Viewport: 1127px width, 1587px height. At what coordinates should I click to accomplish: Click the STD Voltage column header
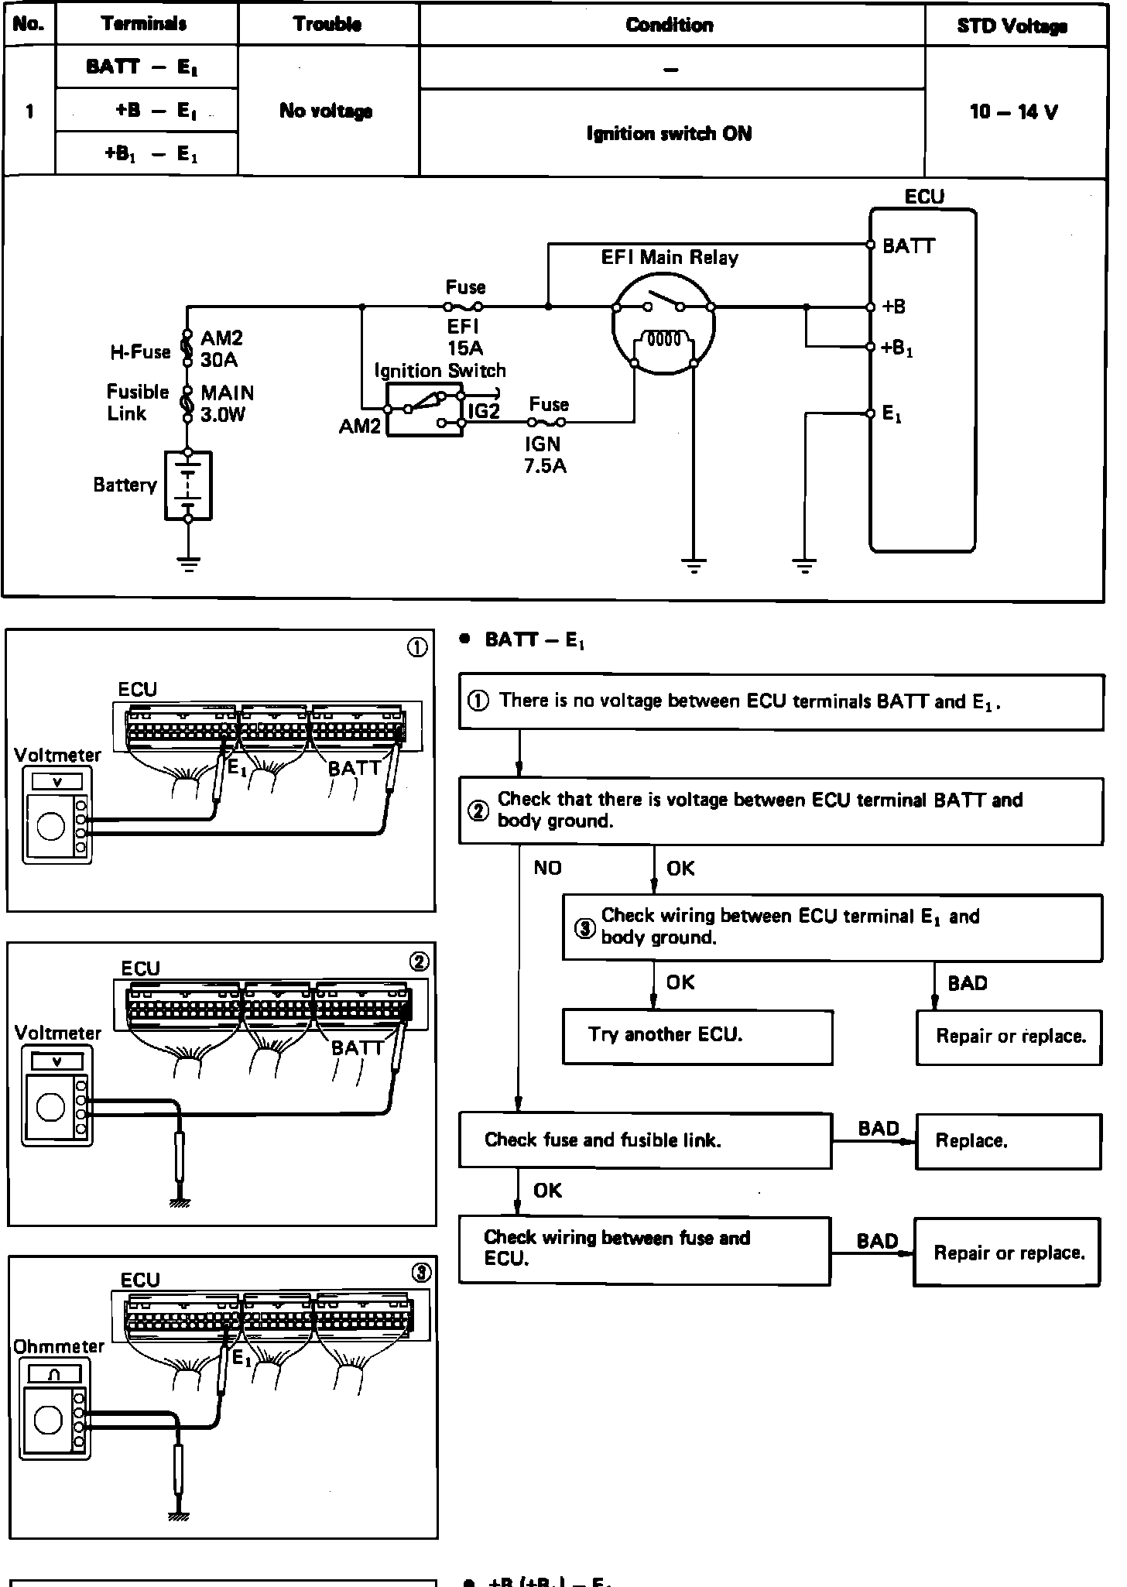(1012, 26)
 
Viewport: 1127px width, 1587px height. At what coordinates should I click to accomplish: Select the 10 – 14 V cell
(1014, 111)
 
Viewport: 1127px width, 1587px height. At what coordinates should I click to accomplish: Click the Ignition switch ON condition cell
(670, 134)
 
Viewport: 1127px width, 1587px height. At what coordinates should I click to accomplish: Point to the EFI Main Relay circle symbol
(663, 326)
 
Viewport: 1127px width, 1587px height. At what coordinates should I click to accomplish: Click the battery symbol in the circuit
(188, 485)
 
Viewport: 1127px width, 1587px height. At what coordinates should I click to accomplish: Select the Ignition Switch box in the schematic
(424, 408)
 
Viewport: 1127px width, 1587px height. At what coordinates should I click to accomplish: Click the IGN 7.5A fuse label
(545, 454)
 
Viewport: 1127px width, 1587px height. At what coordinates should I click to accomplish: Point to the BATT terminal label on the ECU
(909, 246)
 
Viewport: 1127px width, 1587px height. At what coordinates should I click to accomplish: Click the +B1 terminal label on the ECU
(898, 348)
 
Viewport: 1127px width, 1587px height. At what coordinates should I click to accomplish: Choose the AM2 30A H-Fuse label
(221, 349)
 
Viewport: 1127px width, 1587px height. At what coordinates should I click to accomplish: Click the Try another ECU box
(697, 1037)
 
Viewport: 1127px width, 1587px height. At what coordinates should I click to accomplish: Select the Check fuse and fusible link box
(646, 1140)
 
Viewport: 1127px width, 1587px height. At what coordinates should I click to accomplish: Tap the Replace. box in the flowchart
(1009, 1141)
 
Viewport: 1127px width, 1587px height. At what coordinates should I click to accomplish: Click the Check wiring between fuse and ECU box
(645, 1251)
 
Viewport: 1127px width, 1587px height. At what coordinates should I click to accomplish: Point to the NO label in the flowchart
(547, 868)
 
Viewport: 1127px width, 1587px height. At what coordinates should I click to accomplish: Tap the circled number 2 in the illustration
(419, 962)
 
